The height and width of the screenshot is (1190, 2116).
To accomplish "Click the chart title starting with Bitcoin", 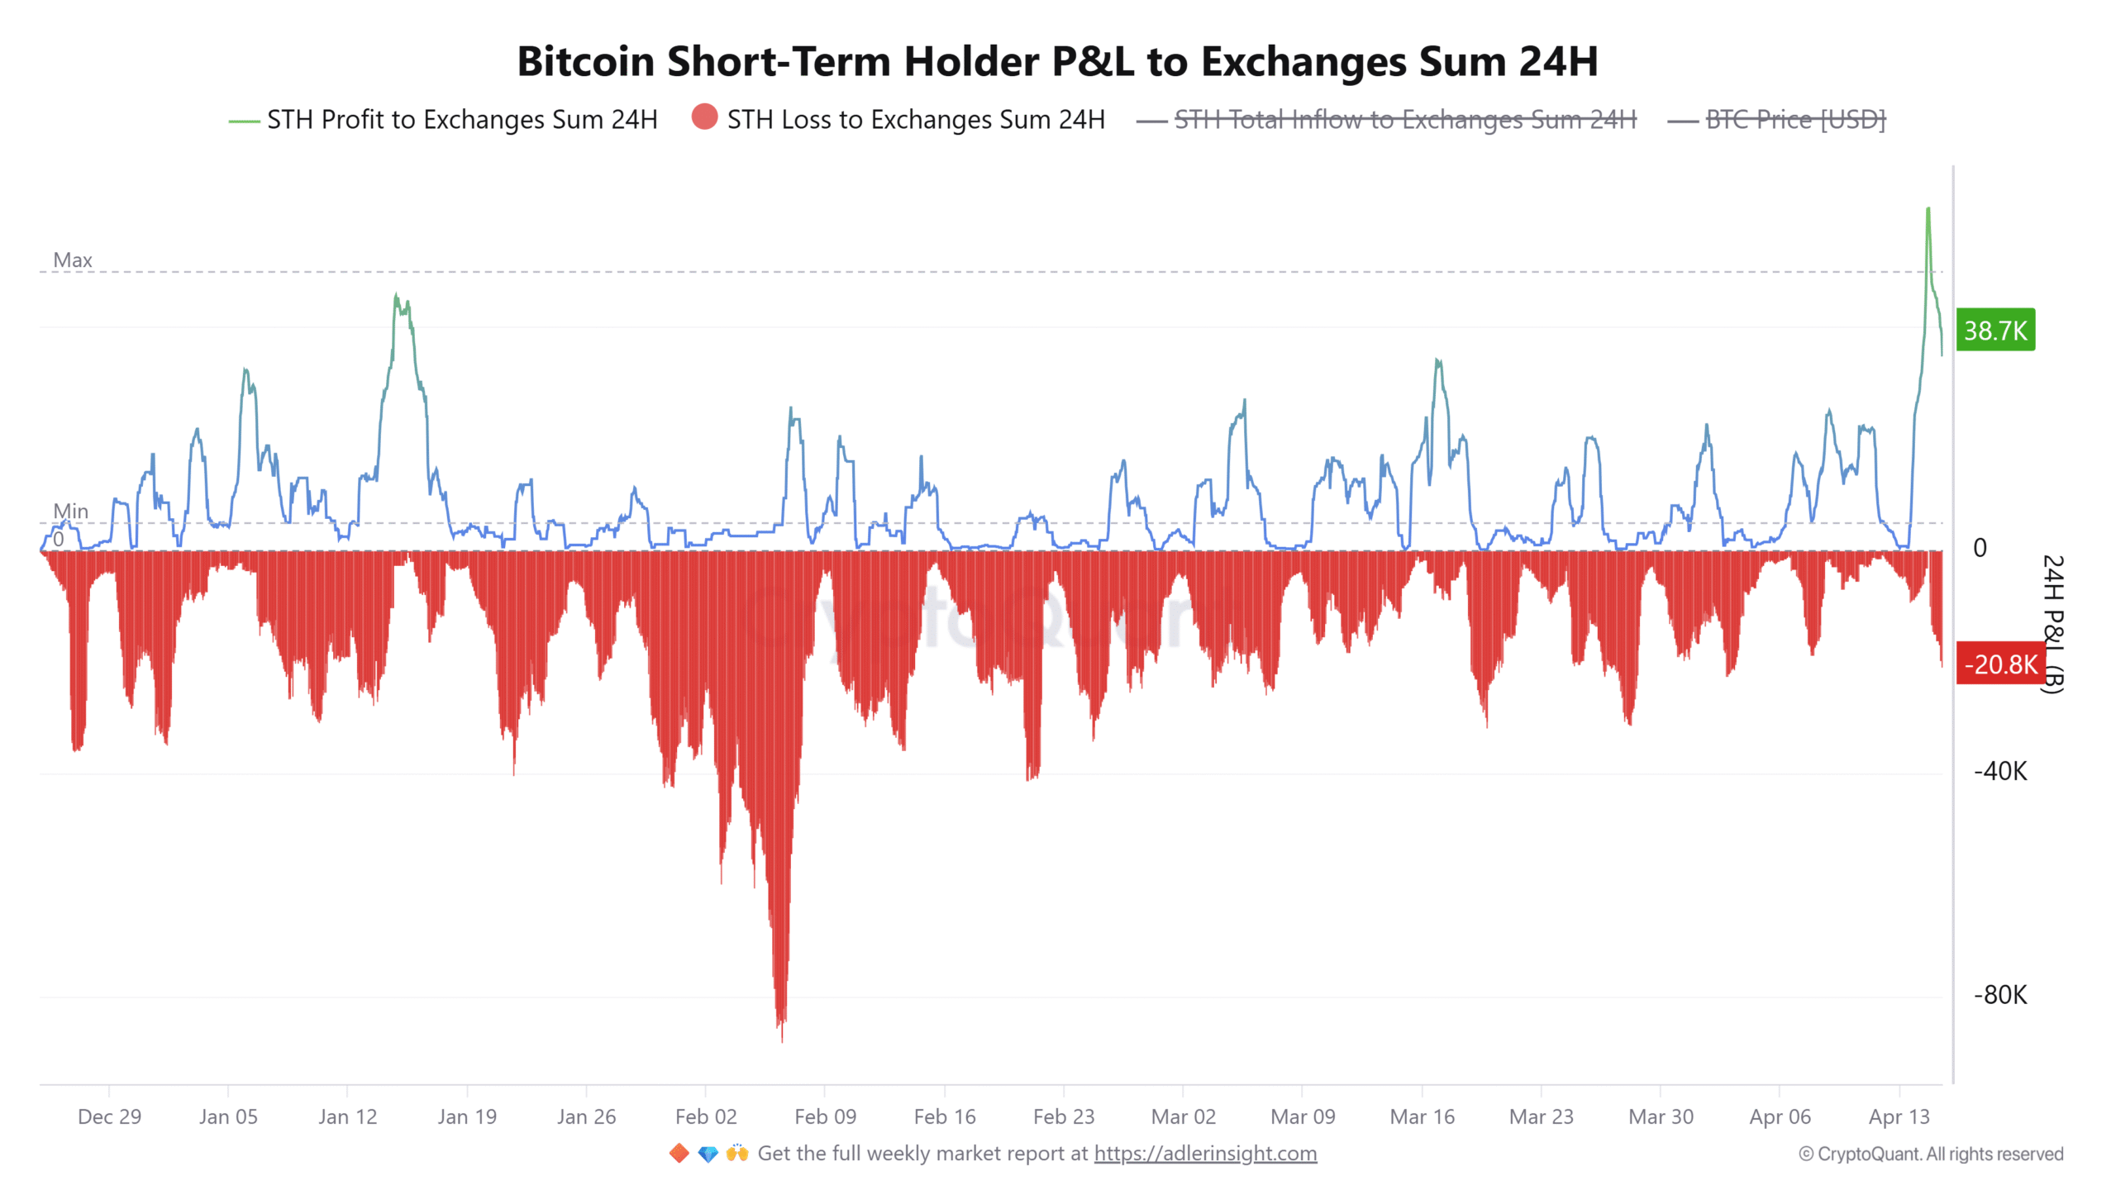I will (x=1057, y=61).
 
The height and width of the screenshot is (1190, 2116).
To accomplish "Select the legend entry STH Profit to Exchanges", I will (x=461, y=120).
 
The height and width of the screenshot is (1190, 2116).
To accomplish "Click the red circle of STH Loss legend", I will (x=704, y=117).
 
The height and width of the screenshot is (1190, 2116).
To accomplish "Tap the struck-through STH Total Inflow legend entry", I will (x=1404, y=120).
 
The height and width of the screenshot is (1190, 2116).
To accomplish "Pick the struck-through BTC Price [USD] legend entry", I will (x=1794, y=120).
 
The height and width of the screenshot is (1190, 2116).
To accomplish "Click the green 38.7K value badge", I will (x=1994, y=331).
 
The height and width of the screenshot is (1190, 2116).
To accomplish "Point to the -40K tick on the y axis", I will (x=1999, y=771).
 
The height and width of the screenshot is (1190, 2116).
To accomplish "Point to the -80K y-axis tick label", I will (x=1999, y=994).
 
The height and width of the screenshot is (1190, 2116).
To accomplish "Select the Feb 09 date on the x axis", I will (x=825, y=1116).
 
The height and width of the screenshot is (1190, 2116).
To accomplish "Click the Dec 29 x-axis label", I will (x=109, y=1116).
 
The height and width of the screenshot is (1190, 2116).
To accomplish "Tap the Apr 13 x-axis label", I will (x=1899, y=1116).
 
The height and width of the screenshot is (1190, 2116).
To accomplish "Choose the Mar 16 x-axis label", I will (x=1422, y=1116).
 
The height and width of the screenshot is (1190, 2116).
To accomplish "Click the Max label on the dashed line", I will (x=73, y=260).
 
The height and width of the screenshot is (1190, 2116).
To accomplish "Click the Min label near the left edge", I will (x=70, y=512).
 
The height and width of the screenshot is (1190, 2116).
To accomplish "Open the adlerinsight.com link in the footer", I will (x=1205, y=1153).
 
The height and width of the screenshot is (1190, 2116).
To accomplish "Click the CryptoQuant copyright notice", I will (x=1931, y=1154).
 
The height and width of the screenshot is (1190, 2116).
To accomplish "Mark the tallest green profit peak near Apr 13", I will (x=1928, y=212).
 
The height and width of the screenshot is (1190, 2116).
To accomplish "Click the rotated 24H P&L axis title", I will (x=2053, y=624).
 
